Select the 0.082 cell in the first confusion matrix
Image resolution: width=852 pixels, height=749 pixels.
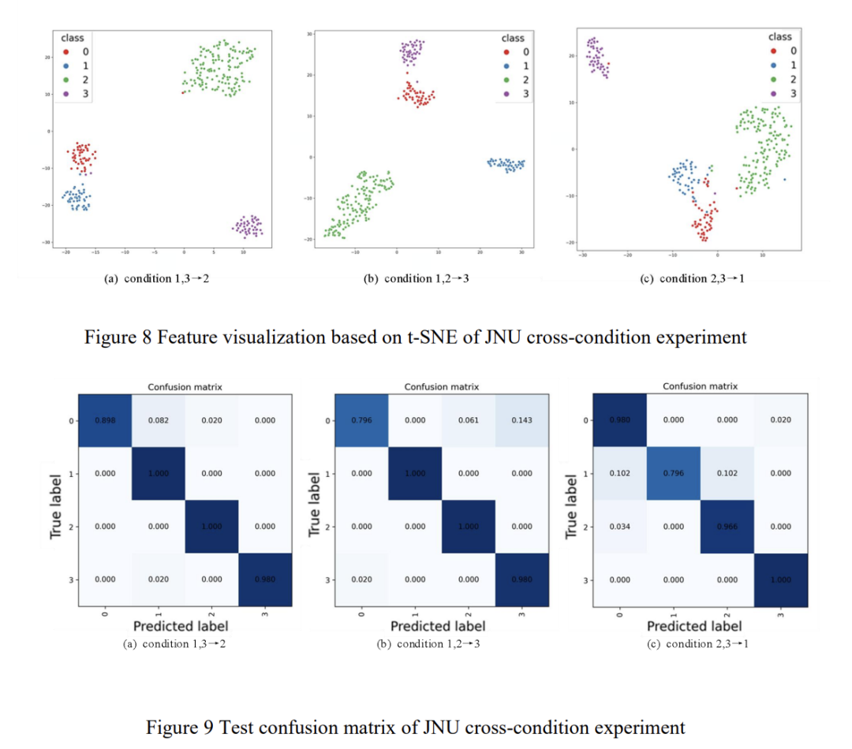pos(158,420)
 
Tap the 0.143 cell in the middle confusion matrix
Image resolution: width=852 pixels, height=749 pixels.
pos(521,420)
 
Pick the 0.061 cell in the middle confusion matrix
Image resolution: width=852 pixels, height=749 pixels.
pos(468,420)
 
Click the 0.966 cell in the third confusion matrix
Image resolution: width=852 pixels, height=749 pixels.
pos(727,526)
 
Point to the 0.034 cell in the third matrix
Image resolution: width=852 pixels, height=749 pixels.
pos(619,526)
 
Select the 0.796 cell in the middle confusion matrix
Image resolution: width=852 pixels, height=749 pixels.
pos(361,420)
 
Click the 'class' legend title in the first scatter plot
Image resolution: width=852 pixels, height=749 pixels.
pos(72,37)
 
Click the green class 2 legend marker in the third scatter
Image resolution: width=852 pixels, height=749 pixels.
pos(775,79)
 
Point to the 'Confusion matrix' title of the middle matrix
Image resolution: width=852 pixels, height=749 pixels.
pos(441,387)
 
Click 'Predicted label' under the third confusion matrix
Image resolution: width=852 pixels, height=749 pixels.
pos(694,626)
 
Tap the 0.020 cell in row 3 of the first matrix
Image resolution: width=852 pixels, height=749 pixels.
pos(158,579)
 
